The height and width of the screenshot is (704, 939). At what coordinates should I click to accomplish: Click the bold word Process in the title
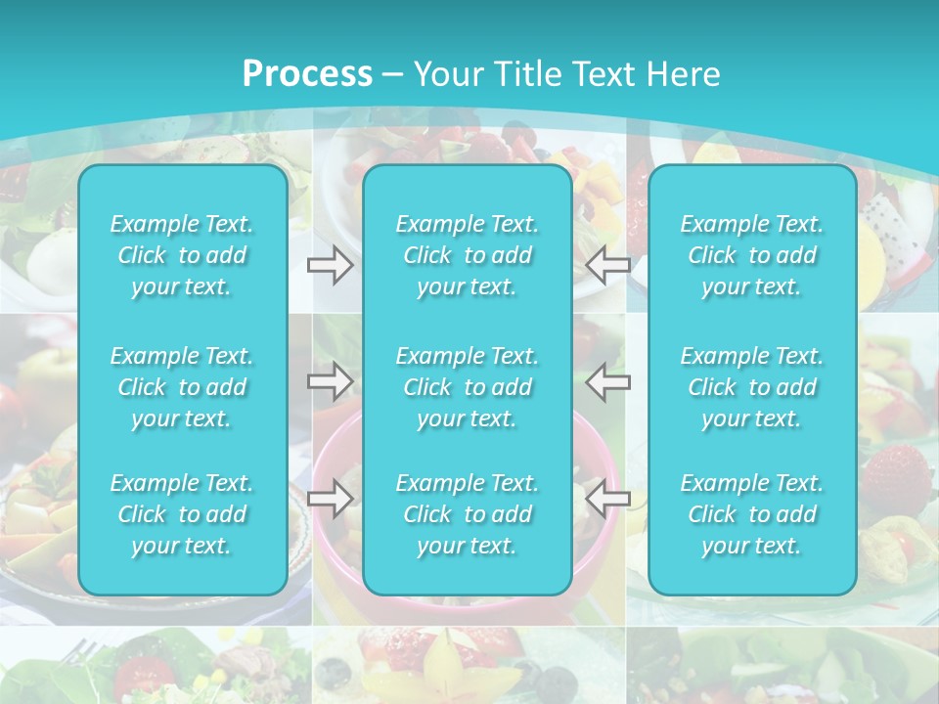[x=307, y=74]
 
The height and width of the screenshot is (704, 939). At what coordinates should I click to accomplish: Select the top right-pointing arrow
[x=331, y=264]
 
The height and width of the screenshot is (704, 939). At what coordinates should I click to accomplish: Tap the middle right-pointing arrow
[x=331, y=381]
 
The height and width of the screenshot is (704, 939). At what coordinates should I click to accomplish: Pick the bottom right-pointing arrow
[x=331, y=499]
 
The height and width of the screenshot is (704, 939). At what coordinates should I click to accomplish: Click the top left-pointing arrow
[x=607, y=264]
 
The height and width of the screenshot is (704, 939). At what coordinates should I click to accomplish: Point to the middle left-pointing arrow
[x=607, y=381]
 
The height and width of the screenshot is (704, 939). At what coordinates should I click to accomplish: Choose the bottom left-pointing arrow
[x=607, y=499]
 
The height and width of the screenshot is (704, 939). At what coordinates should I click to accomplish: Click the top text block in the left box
[x=182, y=255]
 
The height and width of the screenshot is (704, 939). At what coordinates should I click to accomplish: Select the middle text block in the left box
[x=182, y=387]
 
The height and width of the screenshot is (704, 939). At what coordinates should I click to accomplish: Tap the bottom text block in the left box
[x=182, y=514]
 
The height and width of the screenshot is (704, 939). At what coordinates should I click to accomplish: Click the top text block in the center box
[x=468, y=255]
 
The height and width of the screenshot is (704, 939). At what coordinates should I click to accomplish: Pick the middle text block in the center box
[x=468, y=387]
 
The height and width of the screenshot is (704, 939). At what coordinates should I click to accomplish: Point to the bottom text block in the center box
[x=468, y=514]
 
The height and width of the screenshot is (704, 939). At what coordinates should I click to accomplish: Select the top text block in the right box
[x=752, y=255]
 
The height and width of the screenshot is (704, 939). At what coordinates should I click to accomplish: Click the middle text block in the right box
[x=752, y=387]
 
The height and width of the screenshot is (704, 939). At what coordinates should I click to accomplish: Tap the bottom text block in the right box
[x=752, y=514]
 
